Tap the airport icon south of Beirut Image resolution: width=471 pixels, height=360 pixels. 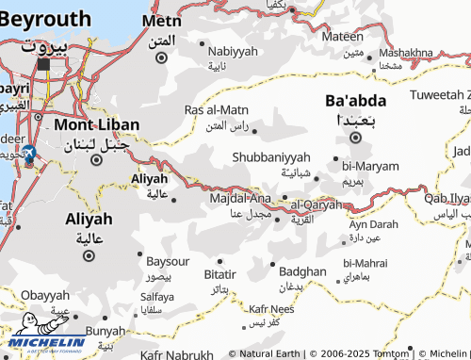(x=27, y=154)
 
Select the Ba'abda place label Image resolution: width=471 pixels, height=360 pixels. (x=355, y=99)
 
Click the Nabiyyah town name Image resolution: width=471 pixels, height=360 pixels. (x=232, y=51)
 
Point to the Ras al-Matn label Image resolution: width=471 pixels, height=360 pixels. (x=217, y=110)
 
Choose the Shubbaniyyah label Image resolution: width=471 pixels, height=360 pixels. (x=271, y=156)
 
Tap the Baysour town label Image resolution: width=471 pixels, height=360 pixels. (x=170, y=259)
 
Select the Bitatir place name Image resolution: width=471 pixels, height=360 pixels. (x=219, y=273)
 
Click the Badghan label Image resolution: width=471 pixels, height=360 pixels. (x=302, y=271)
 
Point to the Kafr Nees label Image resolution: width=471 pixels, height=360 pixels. (x=271, y=308)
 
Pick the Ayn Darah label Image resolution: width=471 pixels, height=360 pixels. (x=373, y=224)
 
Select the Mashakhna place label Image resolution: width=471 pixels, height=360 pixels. (x=408, y=53)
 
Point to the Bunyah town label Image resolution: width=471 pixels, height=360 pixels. (x=105, y=331)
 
